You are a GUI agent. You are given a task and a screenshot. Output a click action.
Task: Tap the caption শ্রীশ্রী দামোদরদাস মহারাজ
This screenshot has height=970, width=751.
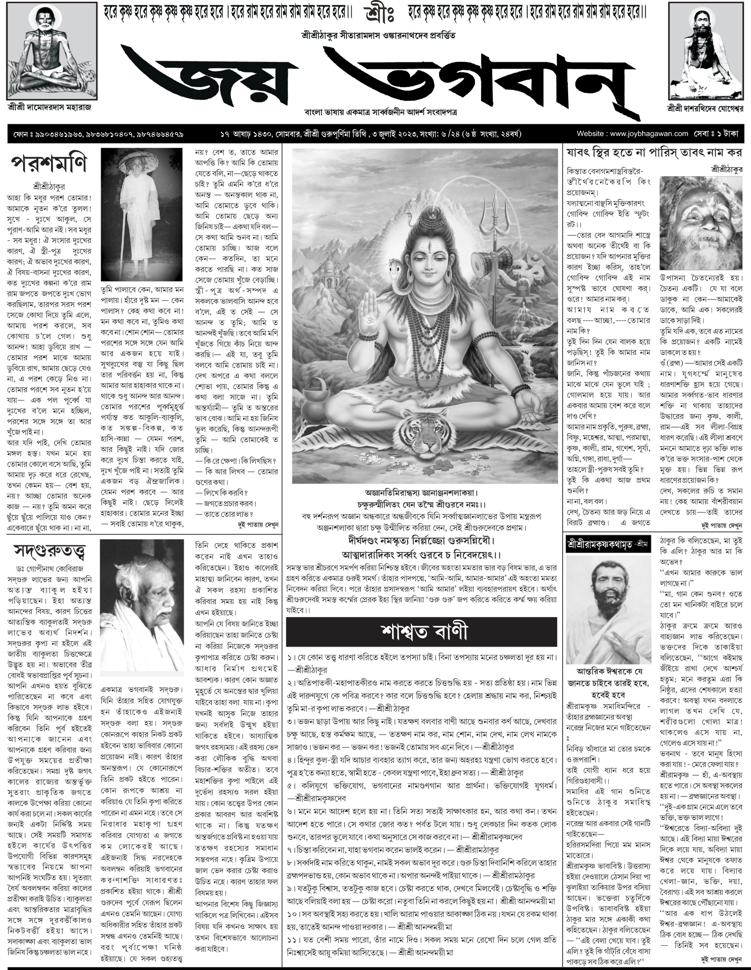click(x=49, y=107)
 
